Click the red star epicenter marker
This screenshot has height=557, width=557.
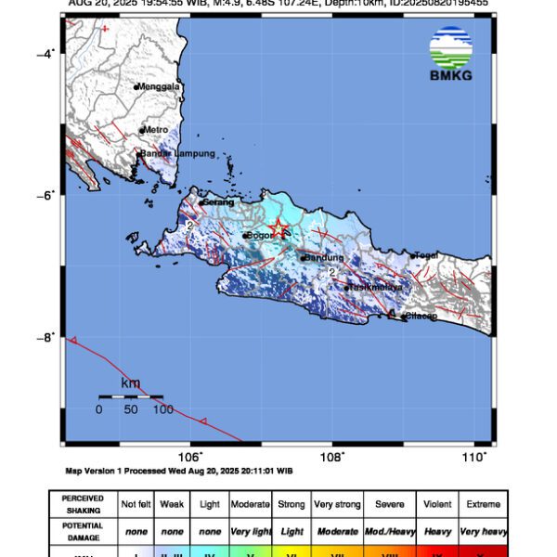[278, 228]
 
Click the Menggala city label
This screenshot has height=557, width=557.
[159, 87]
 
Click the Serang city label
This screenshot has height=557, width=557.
[217, 201]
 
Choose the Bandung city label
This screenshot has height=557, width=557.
[324, 257]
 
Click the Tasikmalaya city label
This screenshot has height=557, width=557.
[375, 288]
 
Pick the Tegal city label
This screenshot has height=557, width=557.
[425, 255]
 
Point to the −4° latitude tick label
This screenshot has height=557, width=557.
[46, 53]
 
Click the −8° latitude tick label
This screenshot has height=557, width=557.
[46, 337]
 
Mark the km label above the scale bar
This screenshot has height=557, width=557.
[131, 382]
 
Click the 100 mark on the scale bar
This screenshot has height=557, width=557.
[162, 409]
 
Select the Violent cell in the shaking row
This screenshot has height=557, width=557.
[439, 504]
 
